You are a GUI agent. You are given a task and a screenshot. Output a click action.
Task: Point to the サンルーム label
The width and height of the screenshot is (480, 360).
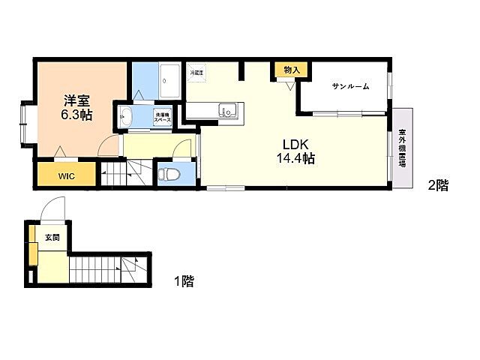[x=350, y=86]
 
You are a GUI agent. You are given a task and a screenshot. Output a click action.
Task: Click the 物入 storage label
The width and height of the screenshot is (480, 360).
[x=291, y=70]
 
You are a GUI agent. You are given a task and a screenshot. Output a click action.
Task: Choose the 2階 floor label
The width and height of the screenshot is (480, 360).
[x=438, y=185]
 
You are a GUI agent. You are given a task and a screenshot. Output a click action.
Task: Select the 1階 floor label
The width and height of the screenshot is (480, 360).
[x=184, y=281]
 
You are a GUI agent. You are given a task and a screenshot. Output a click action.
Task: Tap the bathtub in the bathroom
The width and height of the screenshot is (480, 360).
[x=169, y=79]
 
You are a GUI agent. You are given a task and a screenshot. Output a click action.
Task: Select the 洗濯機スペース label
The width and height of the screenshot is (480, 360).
[x=163, y=118]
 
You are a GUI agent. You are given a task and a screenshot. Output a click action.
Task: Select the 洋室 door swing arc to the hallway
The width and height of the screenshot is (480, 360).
[x=109, y=146]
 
